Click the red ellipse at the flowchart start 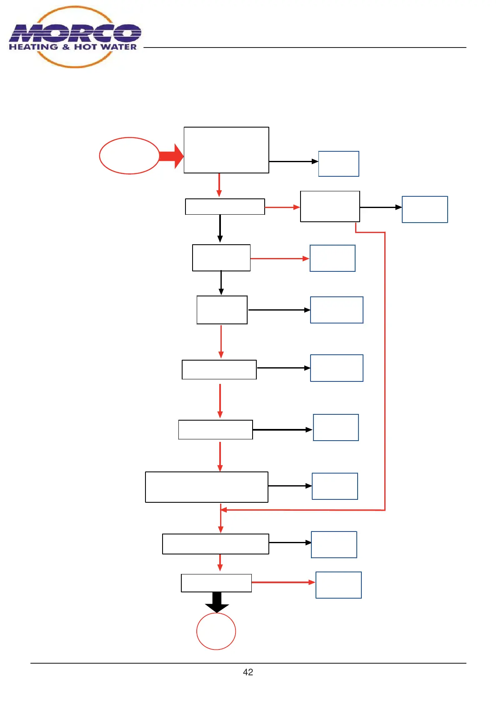click(x=129, y=155)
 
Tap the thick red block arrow click(x=171, y=156)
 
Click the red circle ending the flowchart click(x=216, y=631)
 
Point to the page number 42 click(x=248, y=672)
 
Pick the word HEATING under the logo click(x=33, y=47)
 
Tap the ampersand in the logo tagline click(x=66, y=47)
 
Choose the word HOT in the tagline click(x=86, y=47)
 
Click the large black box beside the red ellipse click(x=226, y=150)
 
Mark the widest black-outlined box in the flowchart click(x=207, y=487)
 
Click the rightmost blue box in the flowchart click(x=425, y=209)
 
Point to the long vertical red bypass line click(x=385, y=371)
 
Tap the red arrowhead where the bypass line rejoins click(x=223, y=510)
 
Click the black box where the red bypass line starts click(x=330, y=206)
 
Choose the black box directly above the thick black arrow click(x=216, y=583)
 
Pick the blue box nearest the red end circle click(x=338, y=585)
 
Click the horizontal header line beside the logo click(x=304, y=48)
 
